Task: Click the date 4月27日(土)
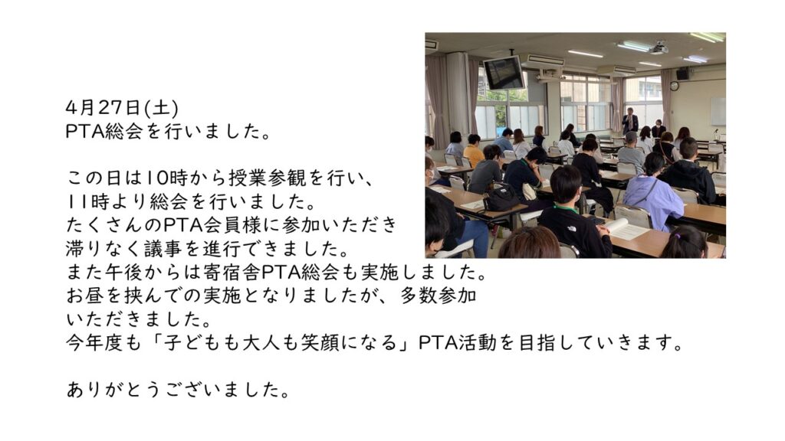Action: click(122, 107)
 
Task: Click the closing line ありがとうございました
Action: click(178, 390)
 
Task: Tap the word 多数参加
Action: click(438, 296)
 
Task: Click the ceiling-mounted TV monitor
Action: click(504, 73)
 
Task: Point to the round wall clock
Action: click(674, 86)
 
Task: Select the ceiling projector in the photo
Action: click(659, 48)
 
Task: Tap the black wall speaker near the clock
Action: click(682, 74)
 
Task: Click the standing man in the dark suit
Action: click(630, 121)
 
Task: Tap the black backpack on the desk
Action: click(501, 197)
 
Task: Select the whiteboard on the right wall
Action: click(718, 112)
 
